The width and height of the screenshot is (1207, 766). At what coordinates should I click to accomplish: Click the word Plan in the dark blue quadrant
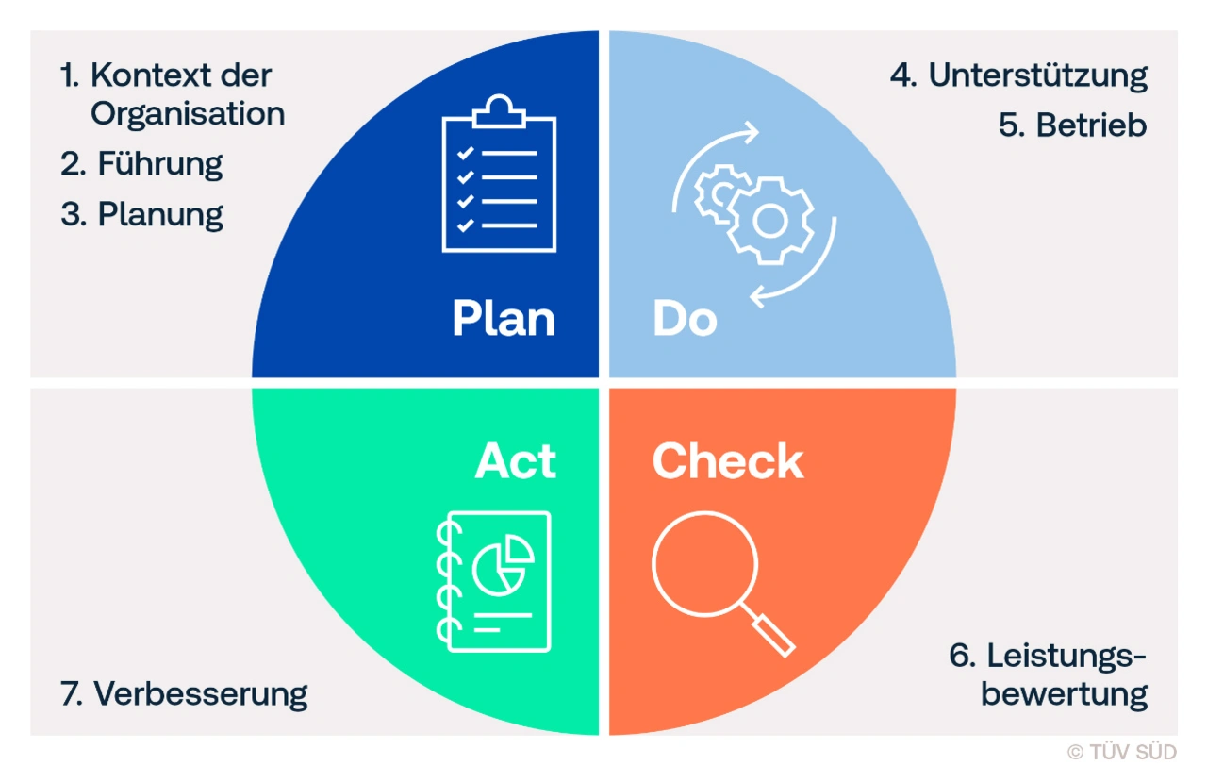(504, 319)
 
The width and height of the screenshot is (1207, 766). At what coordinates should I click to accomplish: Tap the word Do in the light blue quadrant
(685, 320)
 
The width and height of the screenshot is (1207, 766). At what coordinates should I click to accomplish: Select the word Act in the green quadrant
(516, 460)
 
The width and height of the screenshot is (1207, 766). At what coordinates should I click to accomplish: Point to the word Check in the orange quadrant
(728, 460)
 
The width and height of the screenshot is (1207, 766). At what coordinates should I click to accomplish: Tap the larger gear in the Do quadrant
(769, 220)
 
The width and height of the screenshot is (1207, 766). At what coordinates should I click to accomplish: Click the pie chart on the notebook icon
(500, 565)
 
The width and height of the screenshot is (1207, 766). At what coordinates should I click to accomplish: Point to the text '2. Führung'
(141, 164)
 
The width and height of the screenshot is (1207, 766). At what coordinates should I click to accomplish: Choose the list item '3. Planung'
(141, 214)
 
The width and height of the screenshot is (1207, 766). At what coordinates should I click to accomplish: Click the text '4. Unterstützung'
(1018, 76)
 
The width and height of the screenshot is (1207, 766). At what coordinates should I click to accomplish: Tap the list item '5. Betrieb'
(1072, 125)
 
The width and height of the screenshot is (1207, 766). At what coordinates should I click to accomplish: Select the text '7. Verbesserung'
(184, 694)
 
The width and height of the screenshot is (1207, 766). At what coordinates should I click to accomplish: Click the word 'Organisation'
(188, 114)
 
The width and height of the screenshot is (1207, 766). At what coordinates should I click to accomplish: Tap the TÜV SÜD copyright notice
(1121, 752)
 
